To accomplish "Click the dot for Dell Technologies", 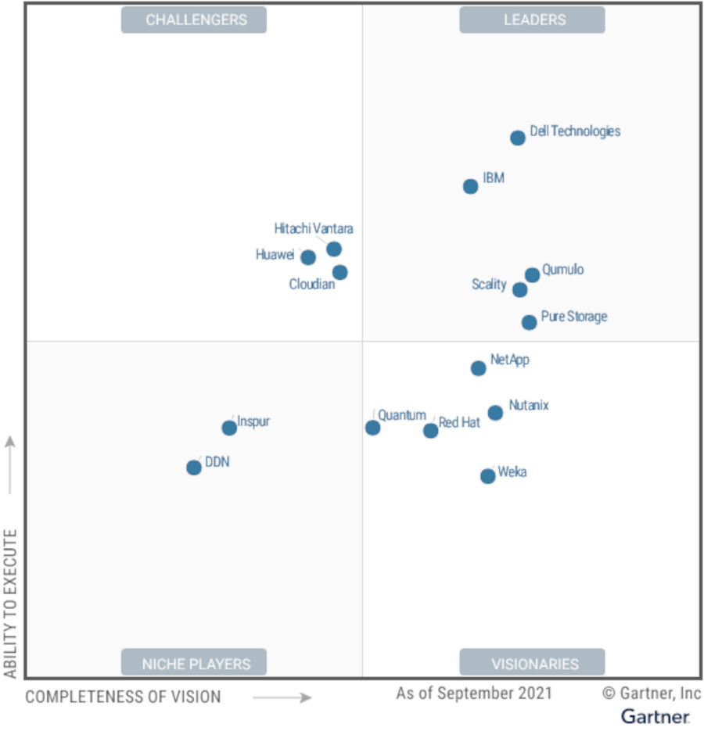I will (x=518, y=138).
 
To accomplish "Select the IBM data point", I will (x=470, y=186).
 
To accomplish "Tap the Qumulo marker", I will (x=532, y=274).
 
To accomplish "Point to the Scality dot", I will (x=519, y=290).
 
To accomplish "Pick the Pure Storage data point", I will (x=530, y=322).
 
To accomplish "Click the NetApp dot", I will (x=478, y=368).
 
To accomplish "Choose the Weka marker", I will (x=487, y=476).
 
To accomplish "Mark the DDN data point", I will (x=193, y=468).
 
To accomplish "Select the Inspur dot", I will (x=228, y=428).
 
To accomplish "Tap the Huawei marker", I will (x=308, y=257).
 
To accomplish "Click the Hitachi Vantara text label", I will (x=313, y=229).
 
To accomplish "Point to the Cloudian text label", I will (x=311, y=285).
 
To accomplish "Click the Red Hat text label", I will (x=459, y=423).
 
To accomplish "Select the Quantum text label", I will (x=402, y=416).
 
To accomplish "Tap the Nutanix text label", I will (x=529, y=406).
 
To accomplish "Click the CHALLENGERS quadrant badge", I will (x=193, y=20).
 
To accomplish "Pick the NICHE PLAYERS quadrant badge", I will (x=193, y=664).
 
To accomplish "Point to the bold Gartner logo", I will (x=656, y=715).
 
